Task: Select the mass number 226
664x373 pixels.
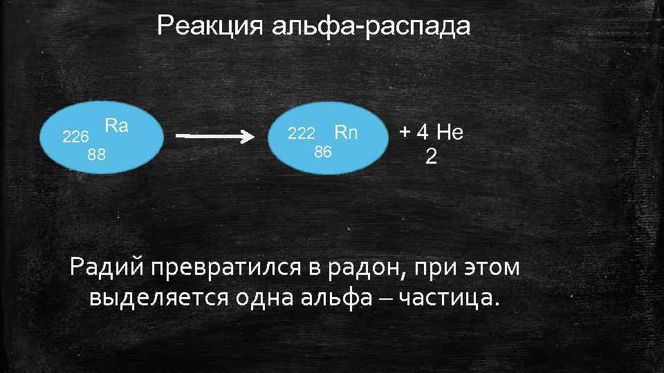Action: pyautogui.click(x=75, y=137)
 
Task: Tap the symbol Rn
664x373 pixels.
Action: pyautogui.click(x=346, y=131)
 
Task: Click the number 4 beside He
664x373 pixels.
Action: pyautogui.click(x=424, y=131)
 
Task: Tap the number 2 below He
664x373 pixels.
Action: pyautogui.click(x=431, y=157)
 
